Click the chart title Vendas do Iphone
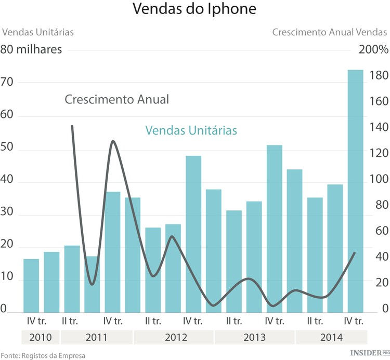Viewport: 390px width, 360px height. coord(194,10)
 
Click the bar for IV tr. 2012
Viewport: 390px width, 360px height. coord(193,234)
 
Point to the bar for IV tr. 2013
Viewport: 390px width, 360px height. coord(274,229)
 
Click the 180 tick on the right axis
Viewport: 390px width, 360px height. coord(378,76)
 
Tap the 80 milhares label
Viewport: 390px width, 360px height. coord(32,50)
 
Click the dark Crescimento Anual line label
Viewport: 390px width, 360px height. coord(117,99)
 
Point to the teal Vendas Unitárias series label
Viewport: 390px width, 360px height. coord(191,130)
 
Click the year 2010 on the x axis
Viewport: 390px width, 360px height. coord(40,337)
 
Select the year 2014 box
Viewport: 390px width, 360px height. coord(332,337)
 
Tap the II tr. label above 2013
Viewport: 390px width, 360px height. coord(233,320)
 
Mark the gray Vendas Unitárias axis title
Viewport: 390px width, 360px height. coord(38,32)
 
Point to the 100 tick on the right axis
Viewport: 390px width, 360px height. coord(378,180)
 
